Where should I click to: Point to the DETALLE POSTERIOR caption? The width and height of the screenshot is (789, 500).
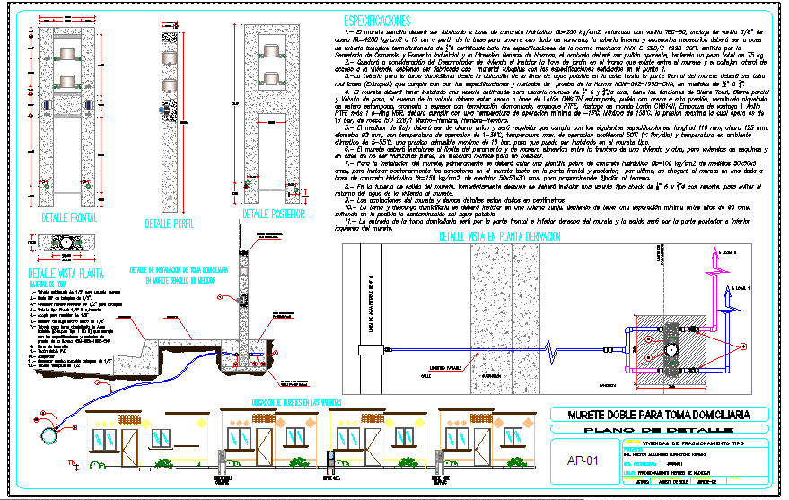275,215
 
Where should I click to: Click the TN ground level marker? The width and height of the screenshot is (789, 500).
73,461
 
